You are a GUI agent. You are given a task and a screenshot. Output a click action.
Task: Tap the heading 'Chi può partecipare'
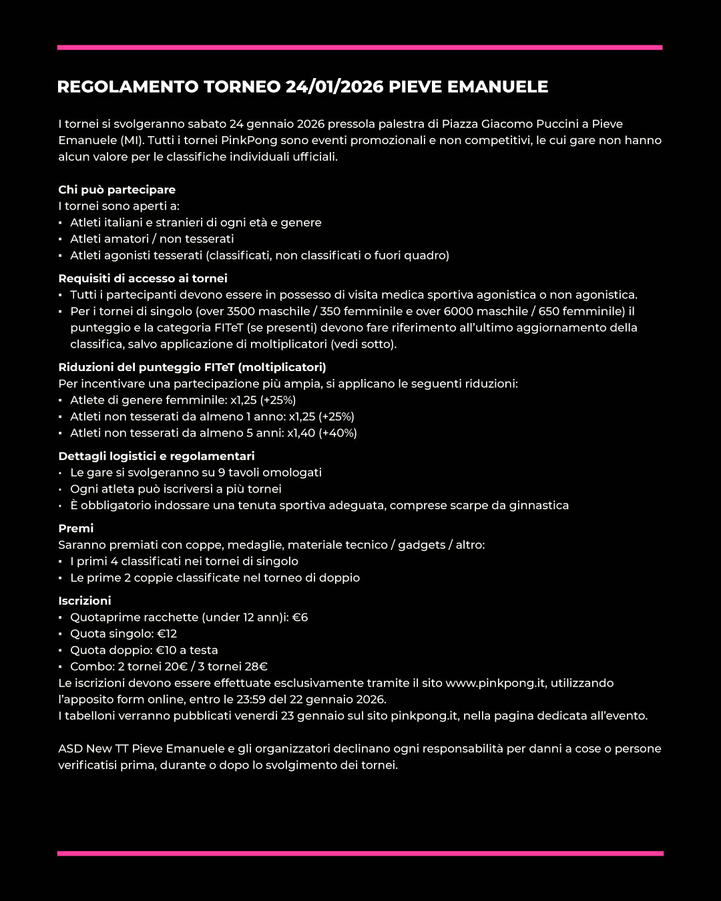117,190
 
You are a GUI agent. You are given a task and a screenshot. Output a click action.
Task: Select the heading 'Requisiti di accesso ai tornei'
143,278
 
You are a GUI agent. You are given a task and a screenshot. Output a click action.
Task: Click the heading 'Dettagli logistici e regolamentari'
156,456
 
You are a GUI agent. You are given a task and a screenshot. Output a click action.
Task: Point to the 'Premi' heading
76,528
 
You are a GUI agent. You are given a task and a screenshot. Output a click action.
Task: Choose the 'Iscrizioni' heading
85,601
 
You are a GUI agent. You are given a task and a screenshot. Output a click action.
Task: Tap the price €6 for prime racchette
300,617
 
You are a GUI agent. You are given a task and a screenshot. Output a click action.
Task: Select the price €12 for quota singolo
167,634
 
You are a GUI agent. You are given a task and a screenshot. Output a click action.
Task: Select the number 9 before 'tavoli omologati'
222,473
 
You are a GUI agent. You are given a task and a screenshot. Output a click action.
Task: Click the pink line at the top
360,47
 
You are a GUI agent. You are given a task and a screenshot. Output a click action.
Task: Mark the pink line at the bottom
360,853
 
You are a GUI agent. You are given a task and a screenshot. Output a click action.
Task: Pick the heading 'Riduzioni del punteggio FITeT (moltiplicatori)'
192,367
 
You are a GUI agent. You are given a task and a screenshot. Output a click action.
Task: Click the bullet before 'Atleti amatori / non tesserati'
61,239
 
